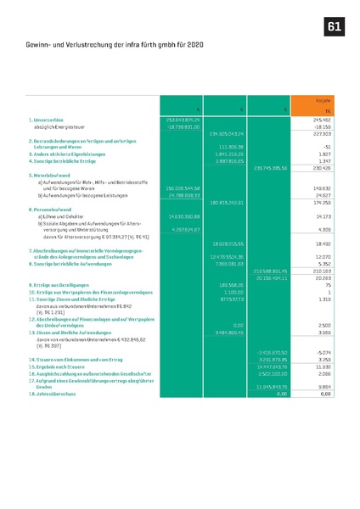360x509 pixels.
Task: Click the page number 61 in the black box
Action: (335, 28)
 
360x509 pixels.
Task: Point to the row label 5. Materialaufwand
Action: (52, 174)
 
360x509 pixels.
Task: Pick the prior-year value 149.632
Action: (321, 187)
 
